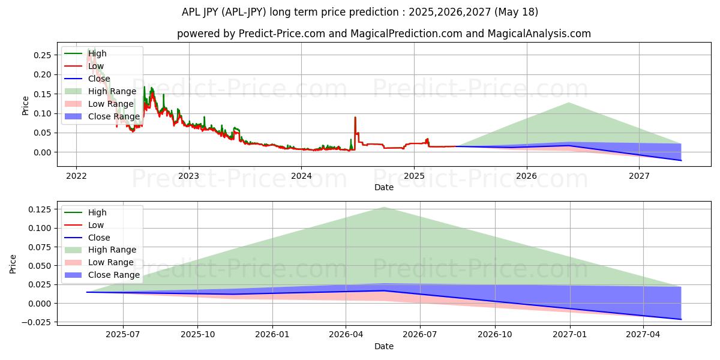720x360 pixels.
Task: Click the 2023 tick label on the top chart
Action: [x=188, y=176]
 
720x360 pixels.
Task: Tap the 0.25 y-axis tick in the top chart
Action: [x=42, y=55]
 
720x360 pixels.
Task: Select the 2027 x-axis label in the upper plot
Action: [x=639, y=176]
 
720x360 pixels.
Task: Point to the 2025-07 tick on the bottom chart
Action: [x=123, y=334]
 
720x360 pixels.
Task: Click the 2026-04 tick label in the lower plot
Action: [x=346, y=334]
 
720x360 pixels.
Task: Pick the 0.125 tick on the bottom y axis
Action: [x=40, y=209]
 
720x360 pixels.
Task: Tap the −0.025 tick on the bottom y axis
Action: [x=37, y=323]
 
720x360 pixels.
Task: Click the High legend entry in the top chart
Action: [x=97, y=53]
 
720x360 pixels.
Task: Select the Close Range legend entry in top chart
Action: [x=113, y=116]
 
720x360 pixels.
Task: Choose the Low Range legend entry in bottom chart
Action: [x=110, y=262]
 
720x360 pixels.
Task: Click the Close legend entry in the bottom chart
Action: [x=99, y=238]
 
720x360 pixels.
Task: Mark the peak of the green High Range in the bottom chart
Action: [x=384, y=207]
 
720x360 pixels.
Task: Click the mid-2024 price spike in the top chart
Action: [x=355, y=118]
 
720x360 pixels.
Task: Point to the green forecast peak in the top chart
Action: [x=568, y=103]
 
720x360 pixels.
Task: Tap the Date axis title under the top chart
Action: [x=384, y=187]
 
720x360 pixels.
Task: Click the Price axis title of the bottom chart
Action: [x=13, y=263]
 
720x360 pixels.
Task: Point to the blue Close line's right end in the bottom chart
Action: [x=681, y=319]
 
